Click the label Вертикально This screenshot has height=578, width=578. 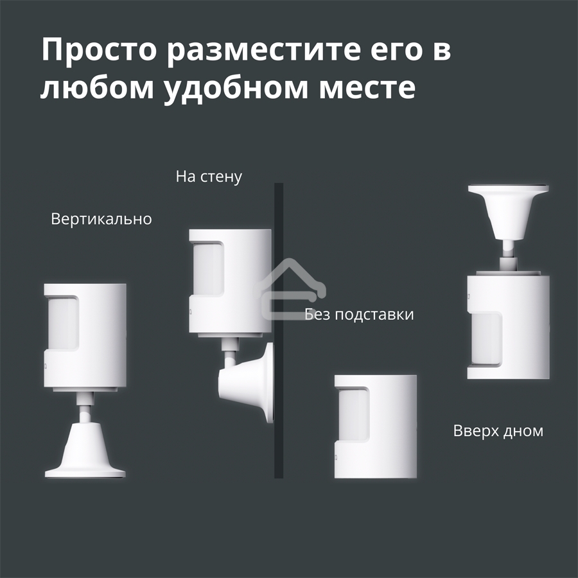click(101, 219)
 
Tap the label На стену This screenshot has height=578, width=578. click(209, 177)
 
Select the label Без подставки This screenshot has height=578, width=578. click(359, 314)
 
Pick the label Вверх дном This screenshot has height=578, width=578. click(498, 430)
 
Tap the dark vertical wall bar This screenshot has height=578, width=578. click(279, 385)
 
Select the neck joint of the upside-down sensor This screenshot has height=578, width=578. click(509, 253)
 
